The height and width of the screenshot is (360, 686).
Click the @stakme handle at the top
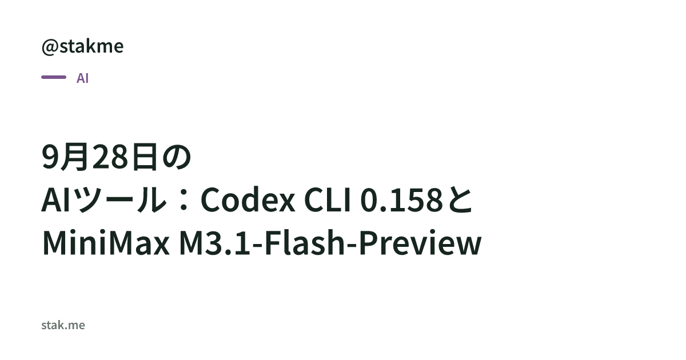click(82, 46)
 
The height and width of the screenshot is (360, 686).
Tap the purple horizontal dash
click(54, 77)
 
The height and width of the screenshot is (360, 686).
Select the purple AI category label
click(83, 78)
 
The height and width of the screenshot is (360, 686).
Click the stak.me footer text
click(63, 325)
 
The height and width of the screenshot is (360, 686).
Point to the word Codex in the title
click(248, 200)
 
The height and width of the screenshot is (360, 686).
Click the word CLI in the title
click(327, 200)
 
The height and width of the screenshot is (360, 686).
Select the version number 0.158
click(401, 200)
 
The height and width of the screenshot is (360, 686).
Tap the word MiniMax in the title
click(106, 243)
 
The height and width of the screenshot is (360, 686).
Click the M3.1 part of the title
click(214, 243)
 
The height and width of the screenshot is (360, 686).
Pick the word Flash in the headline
click(305, 243)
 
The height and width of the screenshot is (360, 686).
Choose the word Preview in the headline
click(420, 243)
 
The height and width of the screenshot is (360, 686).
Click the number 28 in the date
click(110, 157)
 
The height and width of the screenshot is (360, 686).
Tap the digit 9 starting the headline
click(50, 157)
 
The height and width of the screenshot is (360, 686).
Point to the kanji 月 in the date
click(75, 157)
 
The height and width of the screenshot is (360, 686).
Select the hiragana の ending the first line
click(177, 157)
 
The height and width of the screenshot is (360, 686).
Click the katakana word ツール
click(121, 200)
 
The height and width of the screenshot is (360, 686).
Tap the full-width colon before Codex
click(184, 201)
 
